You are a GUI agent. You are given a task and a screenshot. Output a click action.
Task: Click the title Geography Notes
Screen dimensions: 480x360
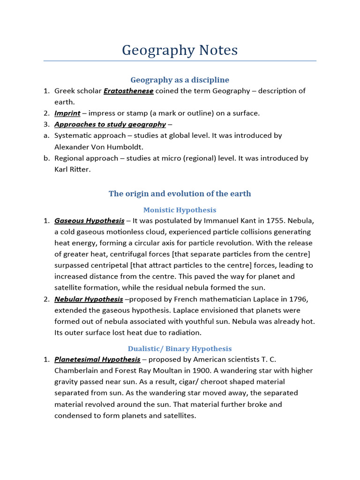[180, 50]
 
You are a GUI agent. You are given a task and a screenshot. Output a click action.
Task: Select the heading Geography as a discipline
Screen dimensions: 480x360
[180, 80]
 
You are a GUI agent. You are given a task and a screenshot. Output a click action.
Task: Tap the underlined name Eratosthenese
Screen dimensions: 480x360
[128, 91]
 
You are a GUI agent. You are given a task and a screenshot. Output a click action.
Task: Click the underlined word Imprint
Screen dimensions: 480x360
[67, 113]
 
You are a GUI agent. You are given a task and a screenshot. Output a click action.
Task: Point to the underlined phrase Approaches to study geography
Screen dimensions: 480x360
[110, 124]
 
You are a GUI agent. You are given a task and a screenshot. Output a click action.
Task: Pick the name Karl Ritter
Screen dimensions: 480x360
[72, 169]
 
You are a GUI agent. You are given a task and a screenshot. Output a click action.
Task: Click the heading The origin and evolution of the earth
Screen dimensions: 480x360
[180, 194]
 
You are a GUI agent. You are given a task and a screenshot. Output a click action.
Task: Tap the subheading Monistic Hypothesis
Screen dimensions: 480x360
[180, 210]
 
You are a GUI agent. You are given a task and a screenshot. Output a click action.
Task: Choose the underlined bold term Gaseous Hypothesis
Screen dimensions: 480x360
[90, 221]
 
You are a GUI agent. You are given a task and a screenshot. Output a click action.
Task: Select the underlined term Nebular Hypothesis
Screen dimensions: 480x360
[89, 299]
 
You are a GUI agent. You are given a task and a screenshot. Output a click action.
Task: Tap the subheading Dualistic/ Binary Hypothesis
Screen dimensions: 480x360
[180, 349]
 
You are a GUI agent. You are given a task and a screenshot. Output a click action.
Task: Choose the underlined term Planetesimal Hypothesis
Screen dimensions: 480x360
[97, 360]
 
